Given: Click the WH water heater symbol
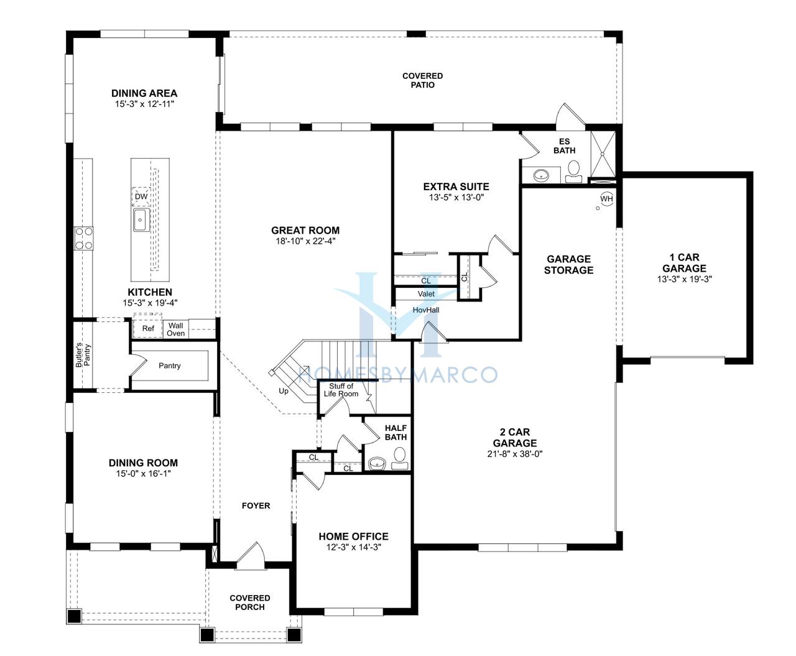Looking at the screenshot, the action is point(606,198).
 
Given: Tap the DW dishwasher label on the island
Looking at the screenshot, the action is point(141,196).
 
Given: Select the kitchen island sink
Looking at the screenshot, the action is point(141,220).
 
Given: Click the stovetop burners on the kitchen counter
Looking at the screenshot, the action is point(83,238).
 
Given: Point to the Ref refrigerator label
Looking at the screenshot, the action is point(148,328).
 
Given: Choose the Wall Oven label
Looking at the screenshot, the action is point(175,330).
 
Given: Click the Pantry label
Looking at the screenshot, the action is point(169,366).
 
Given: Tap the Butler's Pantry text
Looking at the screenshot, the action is point(83,355).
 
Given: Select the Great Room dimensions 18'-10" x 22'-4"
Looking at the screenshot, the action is point(305,241).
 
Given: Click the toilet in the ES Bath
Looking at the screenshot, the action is point(573,172).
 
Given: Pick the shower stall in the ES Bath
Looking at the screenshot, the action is point(603,154).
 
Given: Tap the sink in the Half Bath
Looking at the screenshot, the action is point(377,463).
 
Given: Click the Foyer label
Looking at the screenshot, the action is point(256,506).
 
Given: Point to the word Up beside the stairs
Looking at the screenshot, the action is point(284,391).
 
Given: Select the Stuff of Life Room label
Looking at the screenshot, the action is point(341,390).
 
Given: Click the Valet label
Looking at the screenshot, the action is point(426,294).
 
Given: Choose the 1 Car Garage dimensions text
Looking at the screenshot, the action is point(684,279).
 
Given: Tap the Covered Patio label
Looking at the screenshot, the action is point(422,80).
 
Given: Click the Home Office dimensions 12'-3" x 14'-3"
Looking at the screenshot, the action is point(353,547).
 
